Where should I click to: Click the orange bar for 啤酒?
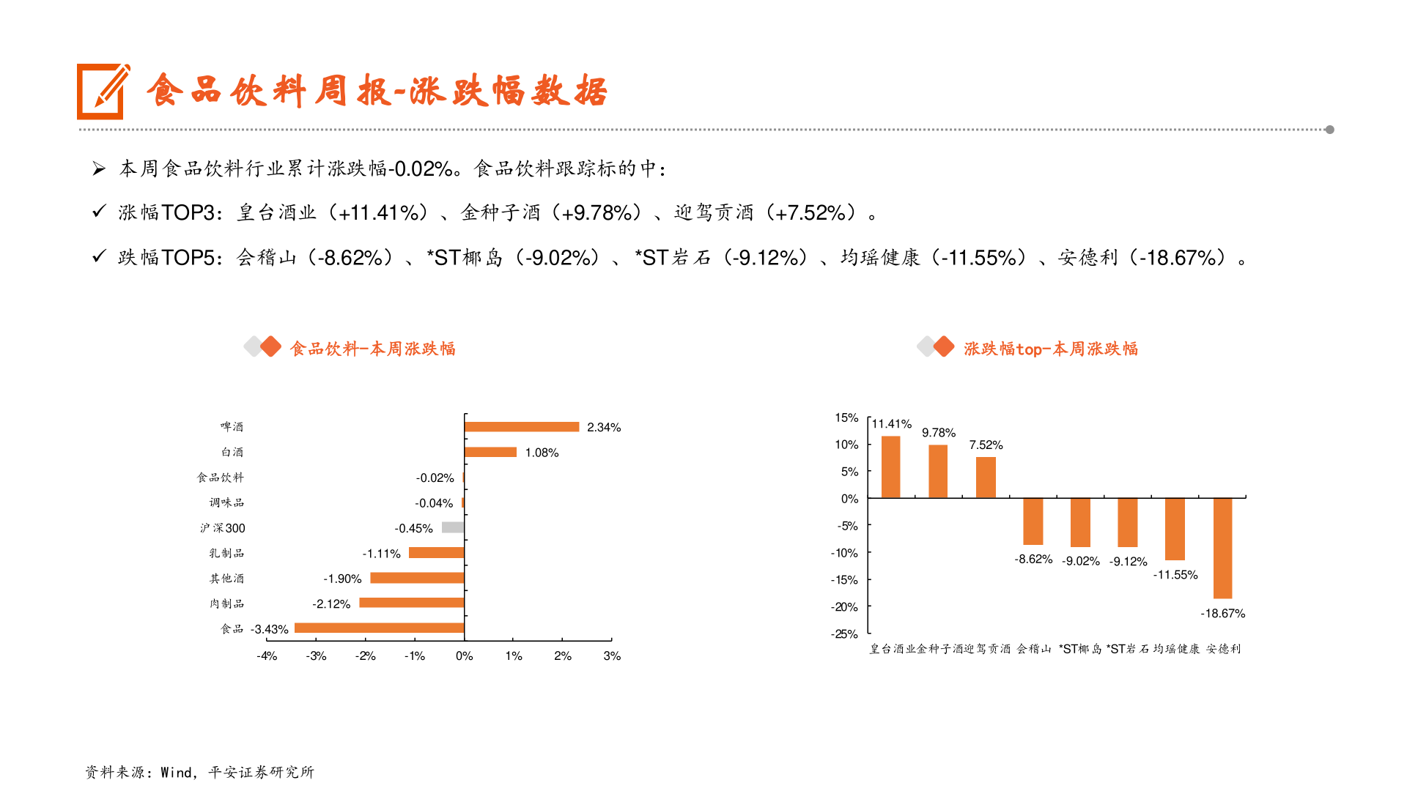521,427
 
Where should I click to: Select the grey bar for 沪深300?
453,527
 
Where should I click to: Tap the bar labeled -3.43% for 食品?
379,628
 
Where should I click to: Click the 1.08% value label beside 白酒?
542,453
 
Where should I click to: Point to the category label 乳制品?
226,553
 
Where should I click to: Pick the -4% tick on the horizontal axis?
267,656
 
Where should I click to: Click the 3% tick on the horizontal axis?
612,656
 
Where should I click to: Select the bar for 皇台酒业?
890,467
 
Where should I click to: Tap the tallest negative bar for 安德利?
1222,548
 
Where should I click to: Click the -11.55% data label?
1175,575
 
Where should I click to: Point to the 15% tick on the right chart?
846,417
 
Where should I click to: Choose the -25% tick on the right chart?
844,634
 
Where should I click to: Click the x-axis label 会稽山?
1033,649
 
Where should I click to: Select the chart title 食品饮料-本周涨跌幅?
372,349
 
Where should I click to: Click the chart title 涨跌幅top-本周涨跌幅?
1050,349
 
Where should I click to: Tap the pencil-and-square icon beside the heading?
103,92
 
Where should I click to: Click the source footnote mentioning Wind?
199,772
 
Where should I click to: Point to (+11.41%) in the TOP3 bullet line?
379,213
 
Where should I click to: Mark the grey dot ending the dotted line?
1329,130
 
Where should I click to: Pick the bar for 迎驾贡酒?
986,478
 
